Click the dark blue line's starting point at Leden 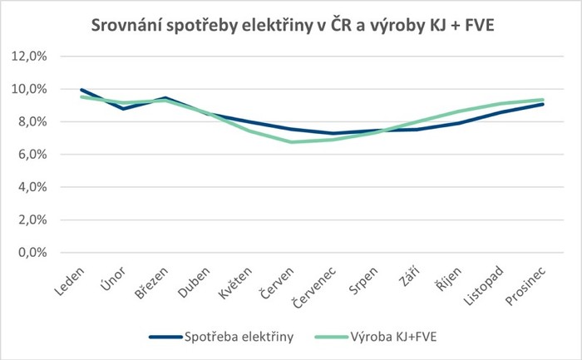(x=81, y=90)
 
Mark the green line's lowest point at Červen (x=289, y=142)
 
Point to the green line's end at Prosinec (x=543, y=100)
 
